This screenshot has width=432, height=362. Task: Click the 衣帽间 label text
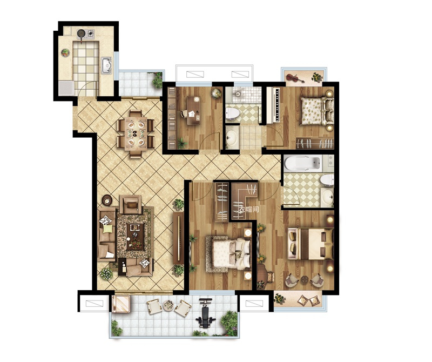coord(249,209)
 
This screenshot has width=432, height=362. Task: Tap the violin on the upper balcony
coord(295,78)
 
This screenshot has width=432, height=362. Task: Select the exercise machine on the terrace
coord(206,313)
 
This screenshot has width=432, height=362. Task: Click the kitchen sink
coord(106,65)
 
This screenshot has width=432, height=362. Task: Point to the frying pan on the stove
coord(81,34)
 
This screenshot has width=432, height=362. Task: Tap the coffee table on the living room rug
coord(134,236)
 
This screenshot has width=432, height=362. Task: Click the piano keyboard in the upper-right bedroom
coord(276,105)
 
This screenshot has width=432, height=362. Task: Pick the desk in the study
coord(194,110)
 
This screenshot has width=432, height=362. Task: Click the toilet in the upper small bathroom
coord(232,114)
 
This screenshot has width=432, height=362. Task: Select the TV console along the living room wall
coord(179,238)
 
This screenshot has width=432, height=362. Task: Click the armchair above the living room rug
coord(131,204)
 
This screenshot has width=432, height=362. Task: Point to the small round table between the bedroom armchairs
coord(305,280)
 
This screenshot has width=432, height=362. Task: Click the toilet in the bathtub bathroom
coord(327,179)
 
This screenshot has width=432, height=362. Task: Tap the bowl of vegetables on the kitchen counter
coord(65,52)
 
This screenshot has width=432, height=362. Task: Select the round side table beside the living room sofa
coord(106,200)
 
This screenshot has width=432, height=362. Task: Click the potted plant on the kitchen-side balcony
coord(157,80)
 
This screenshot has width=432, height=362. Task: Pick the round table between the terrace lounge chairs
coord(167,305)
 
